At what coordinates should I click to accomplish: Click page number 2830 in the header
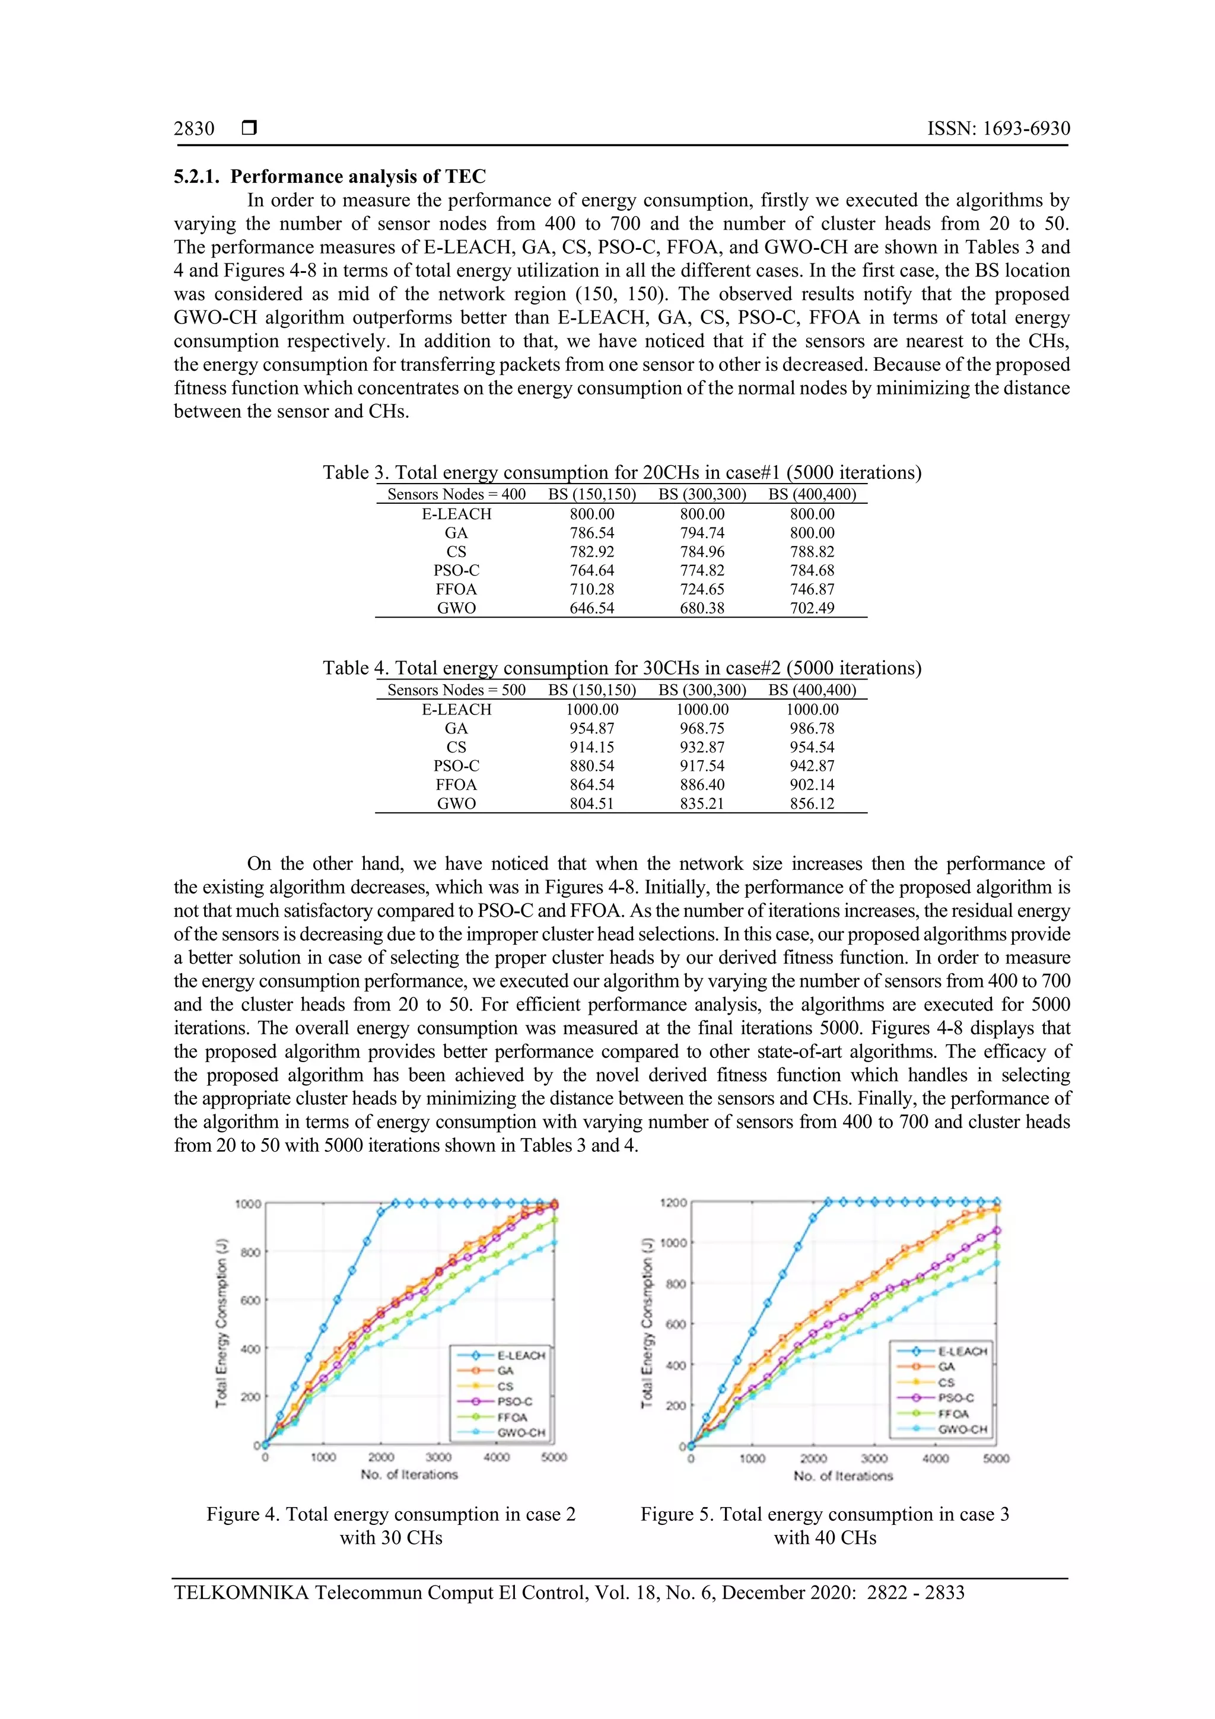pyautogui.click(x=194, y=129)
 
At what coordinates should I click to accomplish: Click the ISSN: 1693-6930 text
pyautogui.click(x=998, y=129)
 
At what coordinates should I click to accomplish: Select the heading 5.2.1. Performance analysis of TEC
pyautogui.click(x=329, y=177)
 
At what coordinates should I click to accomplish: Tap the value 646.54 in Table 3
pyautogui.click(x=591, y=609)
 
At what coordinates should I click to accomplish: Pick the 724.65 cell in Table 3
pyautogui.click(x=701, y=590)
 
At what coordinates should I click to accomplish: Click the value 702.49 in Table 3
pyautogui.click(x=812, y=609)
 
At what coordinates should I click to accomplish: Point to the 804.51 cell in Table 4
pyautogui.click(x=591, y=804)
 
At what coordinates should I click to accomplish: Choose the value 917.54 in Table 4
pyautogui.click(x=701, y=767)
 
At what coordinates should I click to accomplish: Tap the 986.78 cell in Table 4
pyautogui.click(x=812, y=729)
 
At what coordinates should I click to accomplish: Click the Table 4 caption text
pyautogui.click(x=621, y=668)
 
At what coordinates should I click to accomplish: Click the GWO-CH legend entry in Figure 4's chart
pyautogui.click(x=521, y=1433)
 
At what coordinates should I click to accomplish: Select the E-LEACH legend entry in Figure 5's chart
pyautogui.click(x=962, y=1351)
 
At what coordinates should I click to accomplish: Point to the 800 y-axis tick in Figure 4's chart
pyautogui.click(x=248, y=1252)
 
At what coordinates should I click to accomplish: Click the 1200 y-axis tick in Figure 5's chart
pyautogui.click(x=673, y=1202)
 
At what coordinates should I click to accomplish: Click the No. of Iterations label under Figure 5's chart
pyautogui.click(x=843, y=1476)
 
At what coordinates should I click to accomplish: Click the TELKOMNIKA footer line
pyautogui.click(x=569, y=1593)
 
